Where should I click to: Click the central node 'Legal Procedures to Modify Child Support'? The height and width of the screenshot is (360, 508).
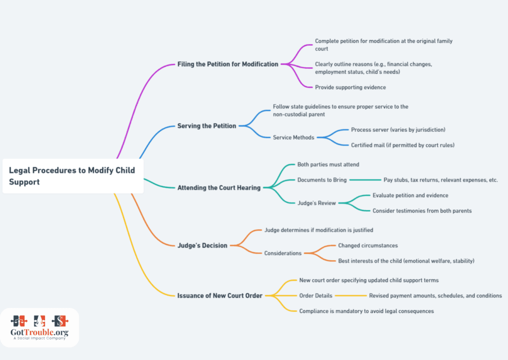(73, 176)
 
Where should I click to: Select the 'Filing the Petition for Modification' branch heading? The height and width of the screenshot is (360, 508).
(228, 64)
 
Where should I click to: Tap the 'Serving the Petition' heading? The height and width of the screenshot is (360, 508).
(207, 126)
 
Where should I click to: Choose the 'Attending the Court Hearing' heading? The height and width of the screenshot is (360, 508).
(219, 188)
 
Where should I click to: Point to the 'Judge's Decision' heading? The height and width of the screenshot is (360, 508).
(202, 245)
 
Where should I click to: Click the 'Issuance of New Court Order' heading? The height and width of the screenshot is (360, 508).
(220, 296)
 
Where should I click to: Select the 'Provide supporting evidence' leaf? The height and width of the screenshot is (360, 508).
(350, 87)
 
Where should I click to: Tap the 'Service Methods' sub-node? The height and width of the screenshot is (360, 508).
(294, 137)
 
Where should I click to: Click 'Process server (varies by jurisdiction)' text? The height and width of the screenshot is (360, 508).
(398, 130)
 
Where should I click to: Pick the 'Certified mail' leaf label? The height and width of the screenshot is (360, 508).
(403, 145)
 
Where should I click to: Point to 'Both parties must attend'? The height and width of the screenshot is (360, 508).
(328, 165)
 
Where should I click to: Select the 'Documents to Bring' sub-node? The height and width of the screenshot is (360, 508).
(322, 180)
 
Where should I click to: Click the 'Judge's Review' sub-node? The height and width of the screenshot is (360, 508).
(317, 203)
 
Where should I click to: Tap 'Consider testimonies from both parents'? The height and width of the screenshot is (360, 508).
(422, 211)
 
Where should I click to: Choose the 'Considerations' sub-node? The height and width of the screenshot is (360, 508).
(283, 253)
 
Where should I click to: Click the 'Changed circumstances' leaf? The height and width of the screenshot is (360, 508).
(368, 245)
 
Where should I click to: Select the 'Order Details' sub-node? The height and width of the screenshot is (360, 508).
(316, 296)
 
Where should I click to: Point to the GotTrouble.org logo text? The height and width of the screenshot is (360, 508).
(40, 332)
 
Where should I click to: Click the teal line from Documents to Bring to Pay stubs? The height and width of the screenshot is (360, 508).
(366, 180)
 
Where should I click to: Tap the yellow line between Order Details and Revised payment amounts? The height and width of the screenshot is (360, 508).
(351, 296)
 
